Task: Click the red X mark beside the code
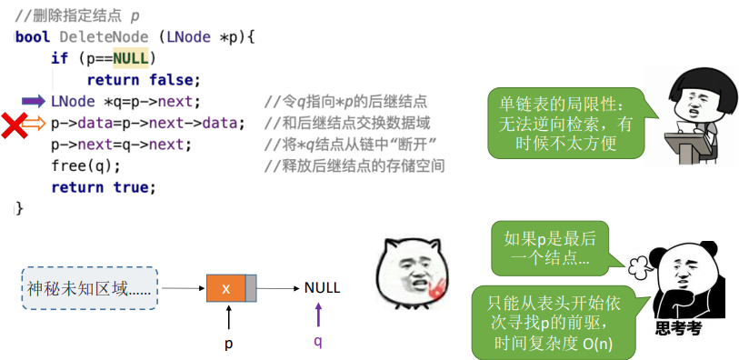click(13, 125)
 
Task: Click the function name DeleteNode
click(104, 37)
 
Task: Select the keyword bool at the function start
click(33, 37)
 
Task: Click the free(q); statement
click(85, 166)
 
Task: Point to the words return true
click(104, 187)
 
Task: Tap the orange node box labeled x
click(225, 288)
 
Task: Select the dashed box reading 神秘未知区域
click(88, 288)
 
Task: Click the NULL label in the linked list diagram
click(322, 288)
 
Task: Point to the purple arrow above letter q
click(318, 315)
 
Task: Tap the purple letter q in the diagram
click(318, 342)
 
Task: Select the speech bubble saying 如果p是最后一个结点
click(550, 249)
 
